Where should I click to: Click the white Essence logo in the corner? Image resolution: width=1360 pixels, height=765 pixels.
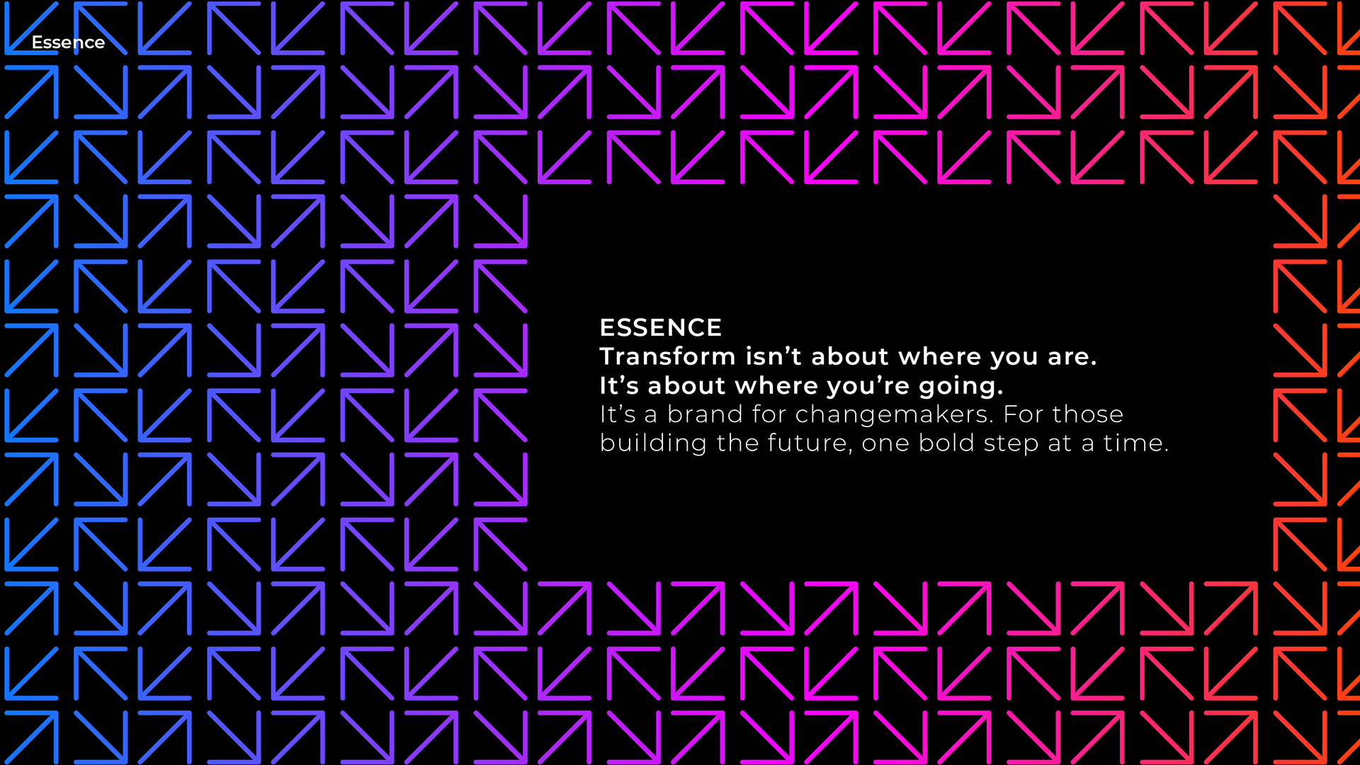68,42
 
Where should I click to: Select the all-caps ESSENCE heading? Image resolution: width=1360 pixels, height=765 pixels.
660,327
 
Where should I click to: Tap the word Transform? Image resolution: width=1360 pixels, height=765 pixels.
668,356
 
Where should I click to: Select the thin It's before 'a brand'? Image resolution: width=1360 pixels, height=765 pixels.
618,414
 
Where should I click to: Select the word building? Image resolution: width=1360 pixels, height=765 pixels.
653,443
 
